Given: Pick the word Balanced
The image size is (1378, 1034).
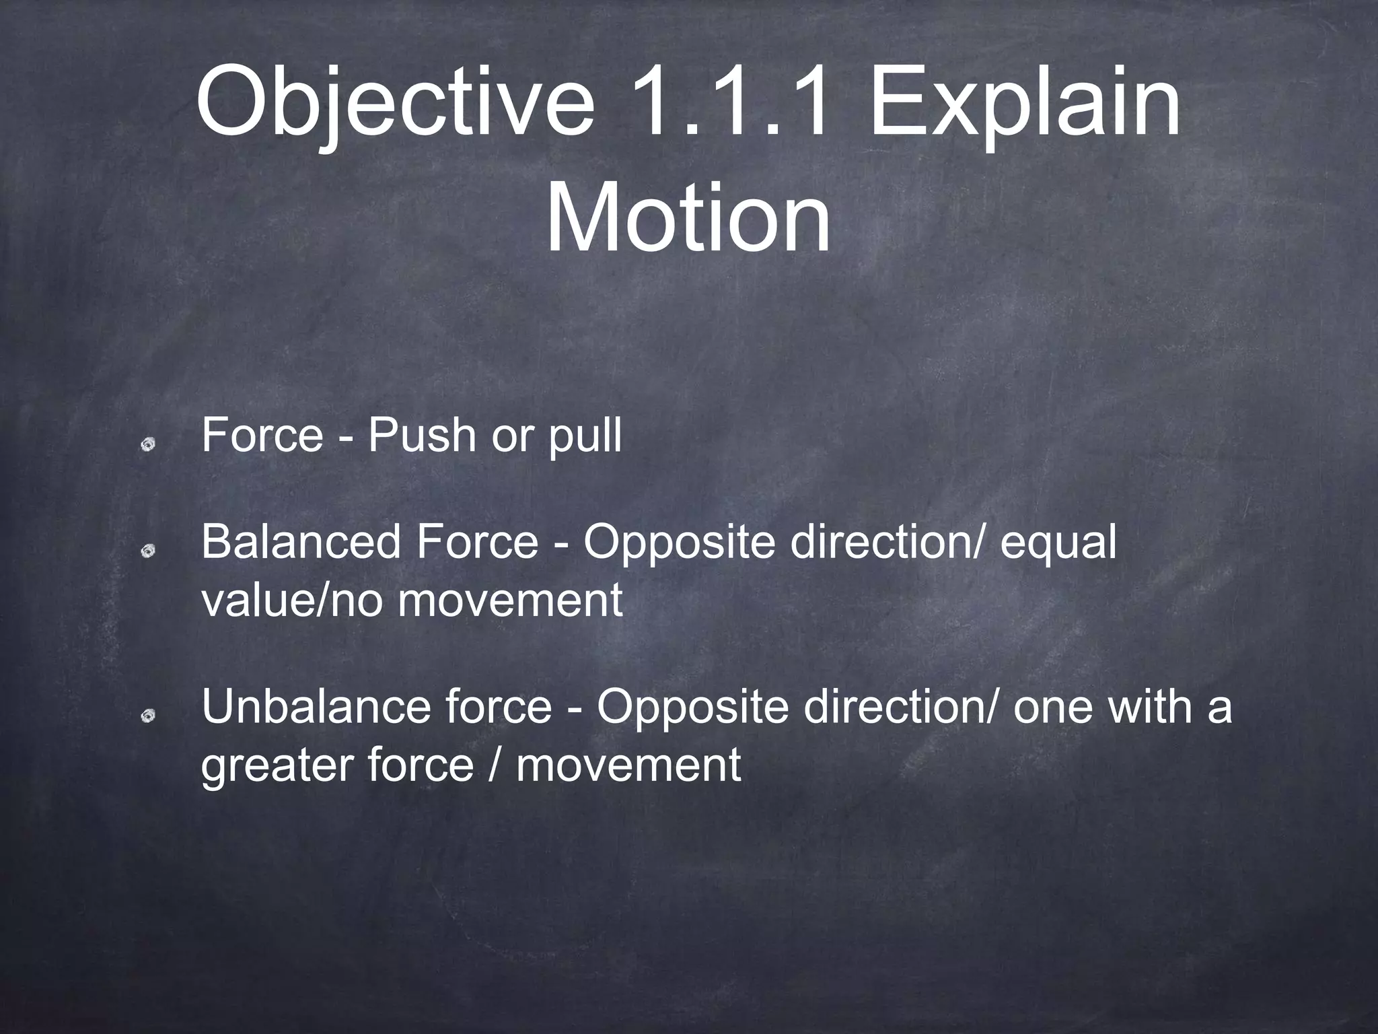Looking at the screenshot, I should pos(301,541).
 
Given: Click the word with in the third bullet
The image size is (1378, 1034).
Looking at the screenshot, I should pos(1151,707).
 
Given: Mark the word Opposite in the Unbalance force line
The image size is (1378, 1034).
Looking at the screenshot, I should pos(692,708).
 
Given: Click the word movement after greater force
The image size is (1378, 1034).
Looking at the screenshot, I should pos(628,766).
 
